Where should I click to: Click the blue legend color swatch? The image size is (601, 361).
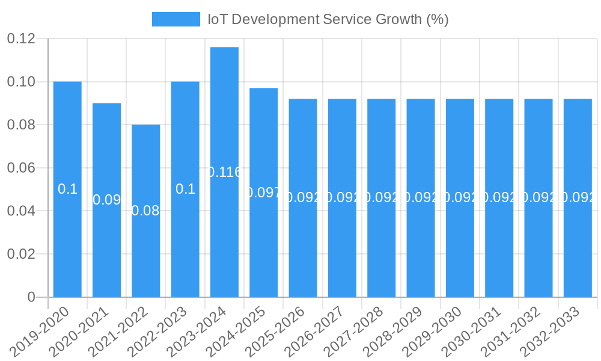[175, 19]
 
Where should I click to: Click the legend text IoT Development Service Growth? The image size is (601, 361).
[328, 19]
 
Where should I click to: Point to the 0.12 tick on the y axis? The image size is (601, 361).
[21, 39]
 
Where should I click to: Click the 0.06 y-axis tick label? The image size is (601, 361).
[21, 168]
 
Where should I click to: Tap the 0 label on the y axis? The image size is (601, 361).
[31, 297]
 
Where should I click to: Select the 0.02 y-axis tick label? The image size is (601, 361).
[21, 254]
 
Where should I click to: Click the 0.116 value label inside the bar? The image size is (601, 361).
[224, 172]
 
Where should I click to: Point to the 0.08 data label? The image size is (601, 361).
[145, 211]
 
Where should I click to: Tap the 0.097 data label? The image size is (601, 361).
[263, 193]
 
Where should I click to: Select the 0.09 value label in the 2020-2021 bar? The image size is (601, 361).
[107, 200]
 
